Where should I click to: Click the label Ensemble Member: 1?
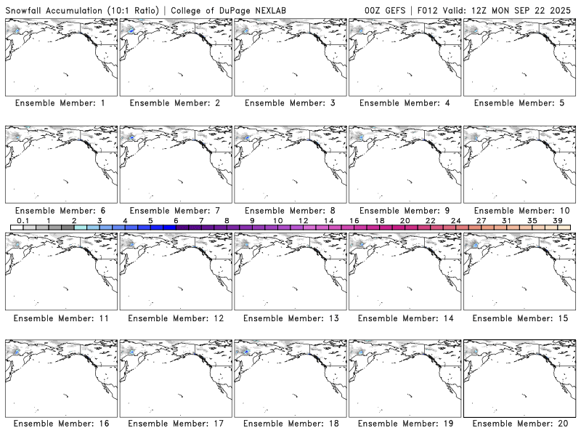point(60,103)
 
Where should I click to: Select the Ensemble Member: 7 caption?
point(175,211)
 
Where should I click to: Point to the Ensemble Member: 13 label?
point(289,318)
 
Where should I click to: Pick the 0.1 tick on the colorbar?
point(23,220)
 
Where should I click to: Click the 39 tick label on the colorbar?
point(557,220)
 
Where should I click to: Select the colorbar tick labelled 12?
point(303,220)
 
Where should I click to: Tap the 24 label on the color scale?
point(455,220)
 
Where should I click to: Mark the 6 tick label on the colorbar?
point(176,220)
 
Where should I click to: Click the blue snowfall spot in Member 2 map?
point(131,31)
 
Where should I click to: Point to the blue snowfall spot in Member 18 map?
point(245,351)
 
